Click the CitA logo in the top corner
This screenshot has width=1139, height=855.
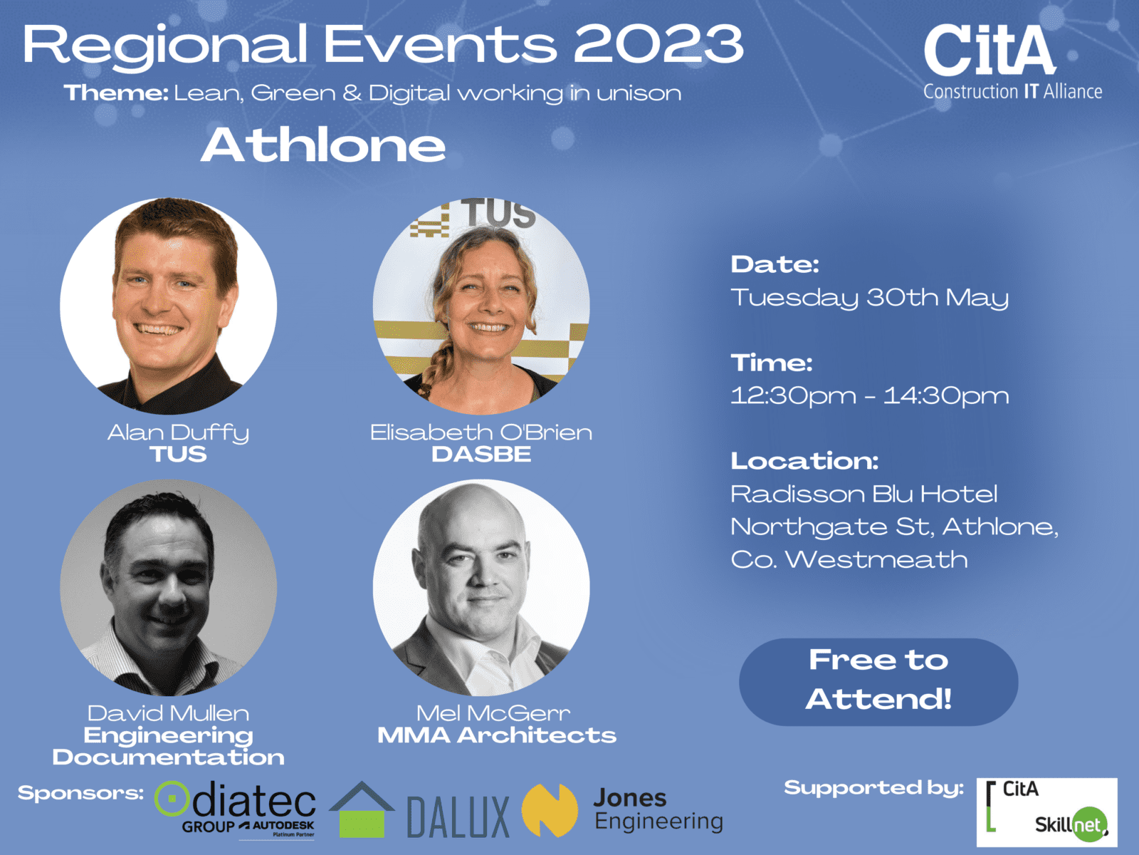tap(1012, 62)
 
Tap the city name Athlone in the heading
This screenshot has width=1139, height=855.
tap(322, 145)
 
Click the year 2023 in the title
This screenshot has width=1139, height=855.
tap(658, 45)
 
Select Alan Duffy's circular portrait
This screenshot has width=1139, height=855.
tap(169, 306)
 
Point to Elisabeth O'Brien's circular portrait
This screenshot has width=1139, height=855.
tap(481, 306)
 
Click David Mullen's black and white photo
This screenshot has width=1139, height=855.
tap(169, 588)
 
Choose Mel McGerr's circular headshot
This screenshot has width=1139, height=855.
tap(481, 588)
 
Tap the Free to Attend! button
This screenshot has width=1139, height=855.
tap(878, 682)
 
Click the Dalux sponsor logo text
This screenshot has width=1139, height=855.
tap(458, 817)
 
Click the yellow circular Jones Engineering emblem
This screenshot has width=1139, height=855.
tap(550, 810)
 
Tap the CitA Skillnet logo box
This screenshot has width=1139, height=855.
tap(1046, 812)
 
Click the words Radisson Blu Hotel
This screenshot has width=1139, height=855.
tap(864, 494)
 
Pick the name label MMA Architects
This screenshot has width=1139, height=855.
tap(497, 735)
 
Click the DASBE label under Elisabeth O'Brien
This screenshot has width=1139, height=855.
tap(481, 455)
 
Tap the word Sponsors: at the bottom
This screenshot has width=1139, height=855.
tap(80, 793)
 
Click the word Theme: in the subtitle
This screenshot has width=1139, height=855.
tap(116, 93)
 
